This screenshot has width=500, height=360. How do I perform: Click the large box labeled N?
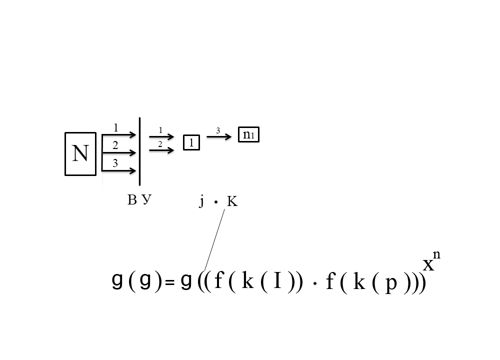[80, 154]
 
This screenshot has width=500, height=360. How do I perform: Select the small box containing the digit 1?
[191, 143]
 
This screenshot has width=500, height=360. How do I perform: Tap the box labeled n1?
[248, 135]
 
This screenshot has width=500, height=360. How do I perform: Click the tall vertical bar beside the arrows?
[139, 151]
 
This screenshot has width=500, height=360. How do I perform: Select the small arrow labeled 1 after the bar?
[161, 136]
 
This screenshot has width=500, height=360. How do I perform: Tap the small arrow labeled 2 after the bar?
[161, 149]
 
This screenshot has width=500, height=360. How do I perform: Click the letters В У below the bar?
[139, 200]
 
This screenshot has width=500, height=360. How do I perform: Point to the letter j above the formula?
[201, 201]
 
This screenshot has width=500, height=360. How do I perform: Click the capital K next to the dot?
[232, 202]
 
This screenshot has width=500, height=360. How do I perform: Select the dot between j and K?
[215, 202]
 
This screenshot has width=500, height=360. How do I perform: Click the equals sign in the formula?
[170, 283]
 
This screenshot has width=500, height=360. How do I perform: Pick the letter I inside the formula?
[278, 282]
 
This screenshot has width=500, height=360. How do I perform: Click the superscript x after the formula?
[428, 264]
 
